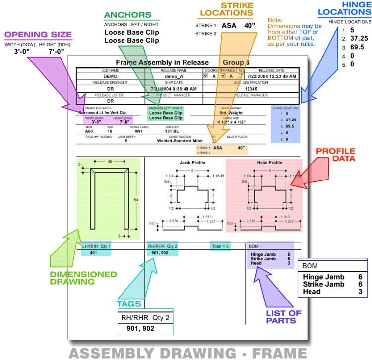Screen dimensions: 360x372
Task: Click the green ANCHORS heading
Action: [127, 15]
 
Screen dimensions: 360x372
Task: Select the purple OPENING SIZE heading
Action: [38, 35]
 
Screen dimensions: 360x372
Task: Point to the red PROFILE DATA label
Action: [335, 155]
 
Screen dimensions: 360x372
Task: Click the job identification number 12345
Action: [254, 89]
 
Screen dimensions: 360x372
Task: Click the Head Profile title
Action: [269, 163]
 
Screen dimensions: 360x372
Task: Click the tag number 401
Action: [93, 253]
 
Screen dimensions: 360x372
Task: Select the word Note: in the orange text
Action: [275, 20]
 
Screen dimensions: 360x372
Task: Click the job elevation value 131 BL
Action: [172, 131]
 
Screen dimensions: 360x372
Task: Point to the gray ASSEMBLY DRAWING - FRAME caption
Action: [187, 353]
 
